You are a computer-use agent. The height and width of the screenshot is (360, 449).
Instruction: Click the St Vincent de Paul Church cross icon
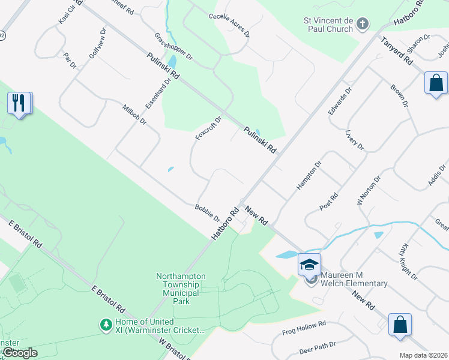(x=362, y=24)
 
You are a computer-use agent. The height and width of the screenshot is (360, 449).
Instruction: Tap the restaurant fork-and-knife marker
(x=20, y=103)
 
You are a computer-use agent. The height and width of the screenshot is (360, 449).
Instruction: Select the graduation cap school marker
(x=309, y=264)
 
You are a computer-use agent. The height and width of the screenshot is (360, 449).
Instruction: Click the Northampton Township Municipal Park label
(x=181, y=289)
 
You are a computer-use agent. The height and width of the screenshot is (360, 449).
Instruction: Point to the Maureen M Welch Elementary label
(x=349, y=280)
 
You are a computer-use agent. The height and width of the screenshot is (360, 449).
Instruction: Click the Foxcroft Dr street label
(x=208, y=128)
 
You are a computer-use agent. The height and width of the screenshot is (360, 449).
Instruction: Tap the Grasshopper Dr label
(x=172, y=46)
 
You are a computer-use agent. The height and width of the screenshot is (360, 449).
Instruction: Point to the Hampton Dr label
(x=309, y=175)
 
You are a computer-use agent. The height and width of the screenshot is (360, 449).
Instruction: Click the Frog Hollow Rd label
(x=304, y=328)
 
